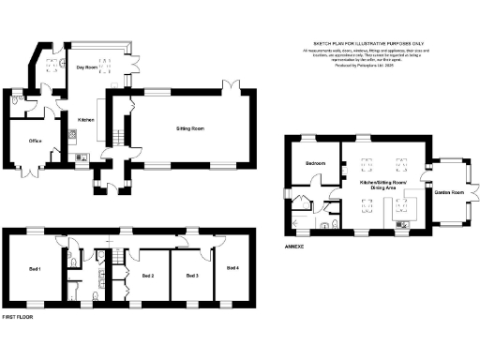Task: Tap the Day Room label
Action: point(87,67)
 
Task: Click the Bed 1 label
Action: point(34,270)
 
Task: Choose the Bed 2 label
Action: point(148,276)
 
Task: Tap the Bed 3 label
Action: point(192,276)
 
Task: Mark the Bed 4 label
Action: point(232,268)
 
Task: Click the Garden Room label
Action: point(449,193)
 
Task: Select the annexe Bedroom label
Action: point(314,164)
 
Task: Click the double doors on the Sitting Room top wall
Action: point(229,88)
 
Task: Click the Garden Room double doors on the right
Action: point(475,193)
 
